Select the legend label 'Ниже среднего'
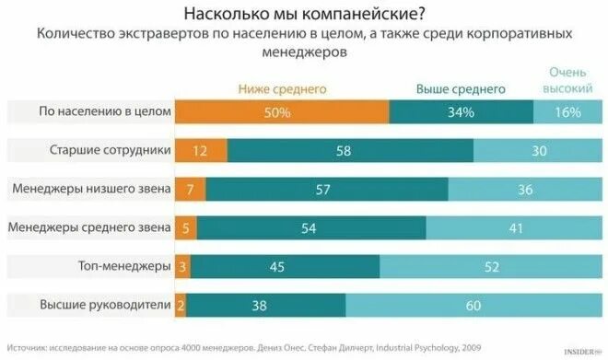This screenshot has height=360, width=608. coord(283,89)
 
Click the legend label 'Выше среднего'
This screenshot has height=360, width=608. coord(461,89)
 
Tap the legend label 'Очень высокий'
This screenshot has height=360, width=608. coord(569,80)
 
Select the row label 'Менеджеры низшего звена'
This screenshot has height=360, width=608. coord(92,189)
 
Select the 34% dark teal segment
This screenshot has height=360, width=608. coord(461,111)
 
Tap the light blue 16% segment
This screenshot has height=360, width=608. coord(568,111)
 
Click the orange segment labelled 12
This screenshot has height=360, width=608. coord(201,150)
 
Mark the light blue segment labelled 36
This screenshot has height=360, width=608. coord(526,189)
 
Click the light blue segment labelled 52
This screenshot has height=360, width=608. coord(492,266)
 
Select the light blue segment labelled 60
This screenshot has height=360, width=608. coord(474,305)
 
